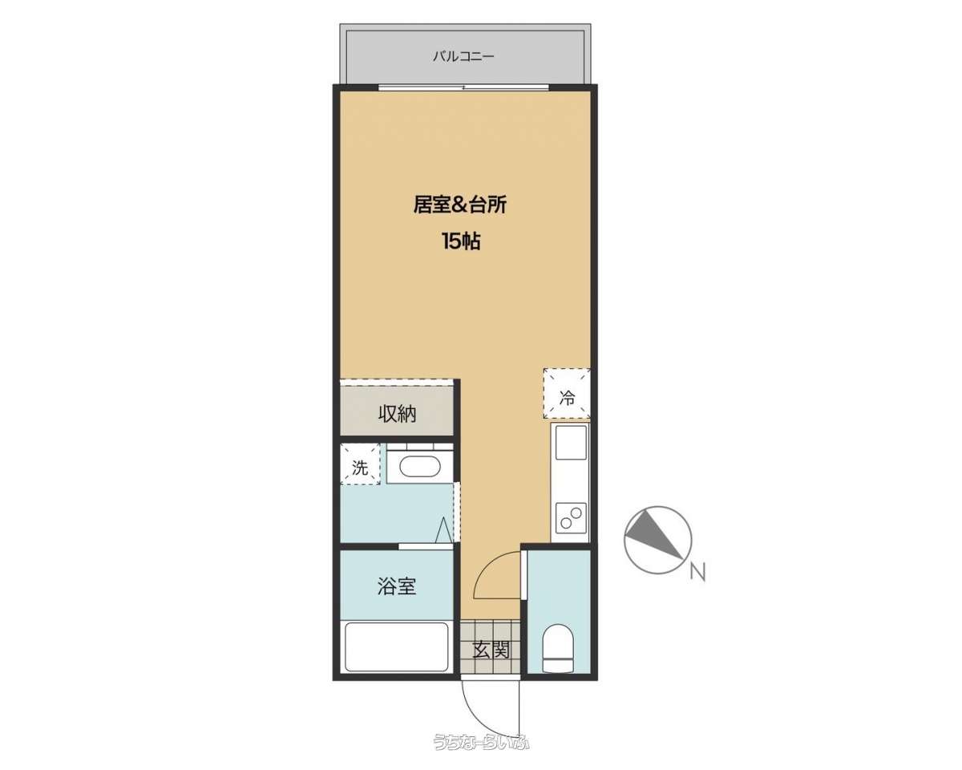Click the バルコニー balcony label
click(x=463, y=57)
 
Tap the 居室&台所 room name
click(x=460, y=205)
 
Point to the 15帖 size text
click(x=461, y=241)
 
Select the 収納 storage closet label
click(x=397, y=414)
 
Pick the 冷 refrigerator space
click(x=567, y=394)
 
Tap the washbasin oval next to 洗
click(x=419, y=467)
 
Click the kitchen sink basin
click(x=571, y=443)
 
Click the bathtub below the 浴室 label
click(x=396, y=647)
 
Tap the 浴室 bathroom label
click(x=397, y=586)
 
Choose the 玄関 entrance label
click(x=491, y=650)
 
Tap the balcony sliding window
click(x=464, y=87)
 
